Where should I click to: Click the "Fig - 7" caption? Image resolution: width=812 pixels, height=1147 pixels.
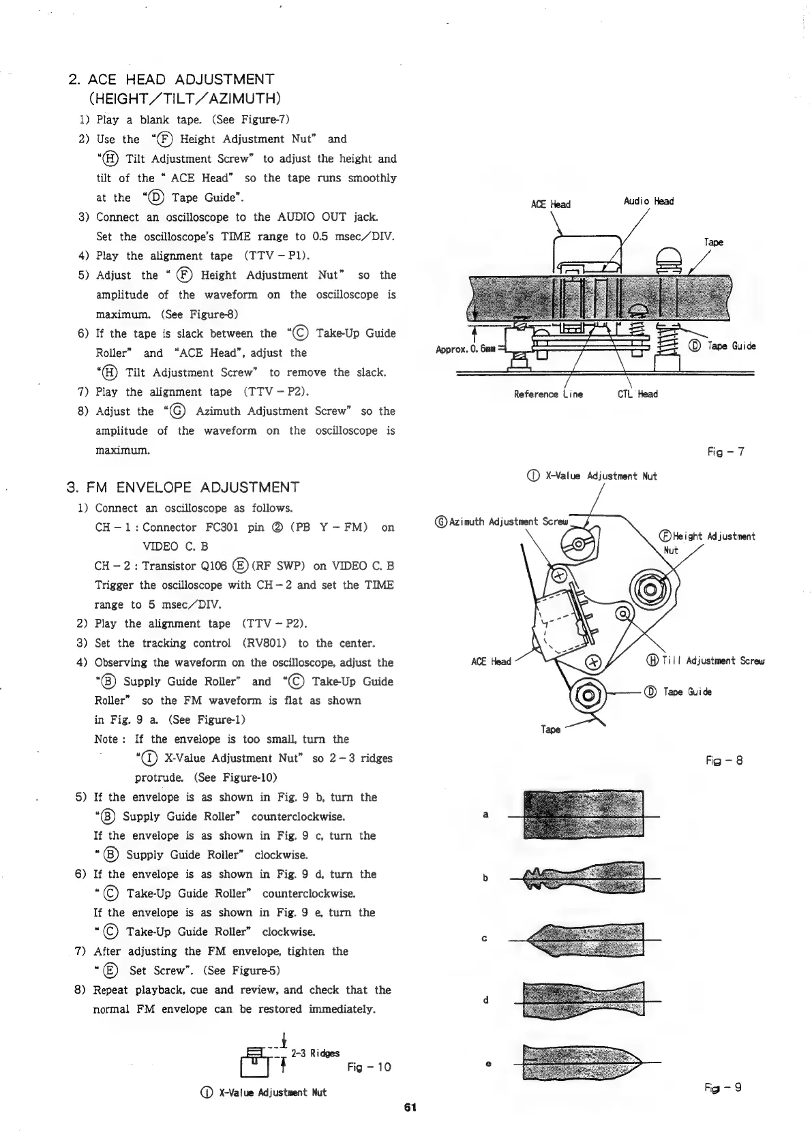pyautogui.click(x=727, y=452)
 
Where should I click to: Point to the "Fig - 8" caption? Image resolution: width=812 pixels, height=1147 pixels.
pyautogui.click(x=724, y=761)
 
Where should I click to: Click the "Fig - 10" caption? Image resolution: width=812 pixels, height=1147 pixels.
pyautogui.click(x=369, y=1067)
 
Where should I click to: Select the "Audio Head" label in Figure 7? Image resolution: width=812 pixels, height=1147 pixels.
pyautogui.click(x=648, y=201)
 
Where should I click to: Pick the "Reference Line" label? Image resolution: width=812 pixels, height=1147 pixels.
pyautogui.click(x=549, y=394)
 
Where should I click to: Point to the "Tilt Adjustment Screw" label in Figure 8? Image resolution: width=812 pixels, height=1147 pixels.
pyautogui.click(x=710, y=660)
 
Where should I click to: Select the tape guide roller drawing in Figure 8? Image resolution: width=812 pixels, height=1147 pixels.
pyautogui.click(x=587, y=694)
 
